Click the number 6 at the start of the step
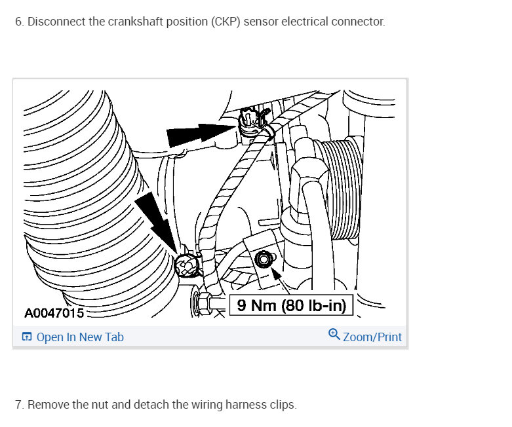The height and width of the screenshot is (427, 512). [18, 22]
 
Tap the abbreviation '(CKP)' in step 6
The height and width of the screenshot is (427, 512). [226, 22]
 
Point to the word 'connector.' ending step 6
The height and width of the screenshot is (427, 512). [360, 22]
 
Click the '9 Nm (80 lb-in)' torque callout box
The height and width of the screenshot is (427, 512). [291, 305]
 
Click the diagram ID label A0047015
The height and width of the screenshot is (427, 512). [54, 313]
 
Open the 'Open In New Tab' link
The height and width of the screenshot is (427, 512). [80, 337]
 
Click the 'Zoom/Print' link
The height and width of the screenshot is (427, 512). [372, 337]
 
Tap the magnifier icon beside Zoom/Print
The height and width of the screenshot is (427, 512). [334, 336]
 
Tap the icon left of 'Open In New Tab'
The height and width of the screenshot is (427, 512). [27, 337]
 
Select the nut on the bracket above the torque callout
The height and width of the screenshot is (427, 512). [264, 259]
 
